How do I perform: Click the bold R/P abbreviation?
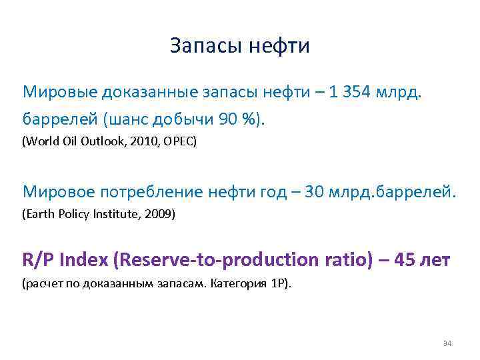pos(39,259)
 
